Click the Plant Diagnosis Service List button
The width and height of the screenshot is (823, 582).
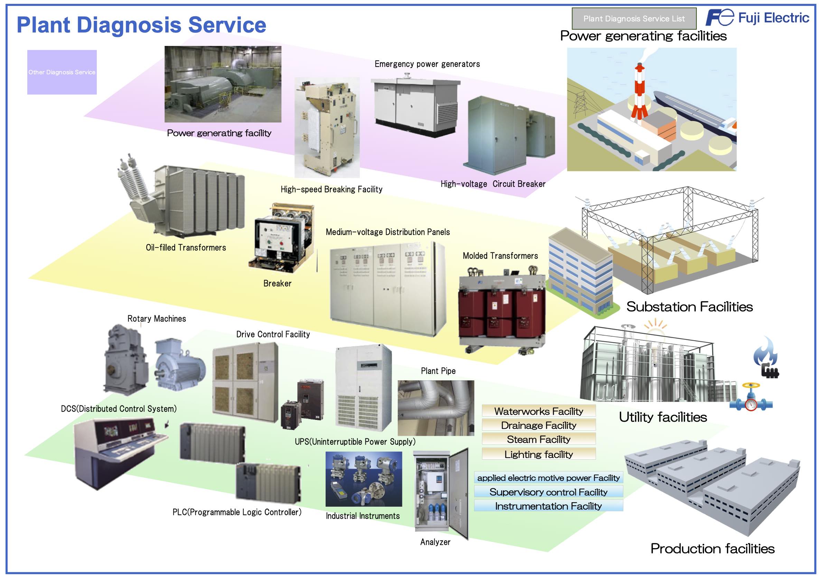pos(634,19)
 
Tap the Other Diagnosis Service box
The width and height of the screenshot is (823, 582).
pos(62,72)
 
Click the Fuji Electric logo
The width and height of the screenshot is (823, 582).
pos(757,18)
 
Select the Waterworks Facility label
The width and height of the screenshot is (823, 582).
pos(539,411)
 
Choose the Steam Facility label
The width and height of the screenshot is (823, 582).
pos(539,439)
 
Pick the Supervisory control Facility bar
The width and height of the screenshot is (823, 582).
pos(548,492)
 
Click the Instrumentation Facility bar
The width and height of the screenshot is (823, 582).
pos(548,506)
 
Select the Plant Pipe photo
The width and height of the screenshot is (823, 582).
pos(436,408)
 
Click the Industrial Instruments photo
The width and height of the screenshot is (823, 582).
pos(364,479)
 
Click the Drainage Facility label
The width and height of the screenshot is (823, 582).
pos(539,425)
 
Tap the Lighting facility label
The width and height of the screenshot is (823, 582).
pos(539,454)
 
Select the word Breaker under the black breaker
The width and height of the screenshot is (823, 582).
pos(277,283)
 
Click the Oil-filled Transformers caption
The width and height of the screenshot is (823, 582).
pos(186,248)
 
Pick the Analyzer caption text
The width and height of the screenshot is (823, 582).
pos(435,542)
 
